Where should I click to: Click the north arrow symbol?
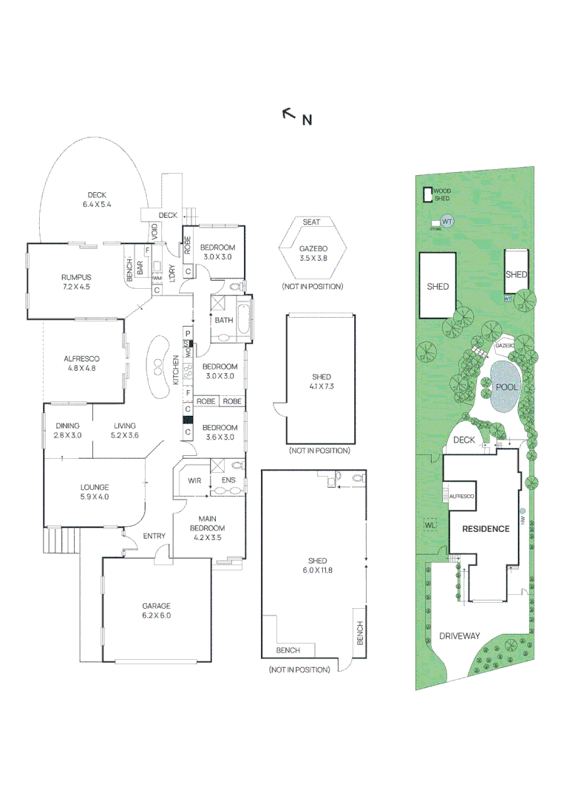[x=289, y=114]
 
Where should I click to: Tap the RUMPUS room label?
[x=75, y=277]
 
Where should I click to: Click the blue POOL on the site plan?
[x=506, y=387]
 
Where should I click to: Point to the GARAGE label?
[x=156, y=606]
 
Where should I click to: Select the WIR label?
[x=194, y=481]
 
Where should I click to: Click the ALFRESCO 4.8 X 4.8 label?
[x=82, y=363]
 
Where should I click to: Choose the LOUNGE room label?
[x=95, y=487]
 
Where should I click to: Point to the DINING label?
[x=67, y=426]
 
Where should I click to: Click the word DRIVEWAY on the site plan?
[x=459, y=635]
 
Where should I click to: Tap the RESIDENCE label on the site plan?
[x=486, y=529]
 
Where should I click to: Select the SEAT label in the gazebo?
[x=311, y=222]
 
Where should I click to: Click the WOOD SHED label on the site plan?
[x=441, y=195]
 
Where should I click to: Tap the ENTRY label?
[x=154, y=536]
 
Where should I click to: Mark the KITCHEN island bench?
[x=157, y=365]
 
